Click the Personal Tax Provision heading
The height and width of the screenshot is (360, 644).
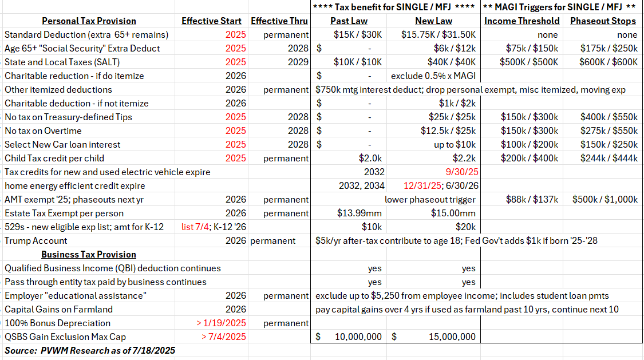tap(89, 21)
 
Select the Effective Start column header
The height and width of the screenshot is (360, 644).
tap(212, 21)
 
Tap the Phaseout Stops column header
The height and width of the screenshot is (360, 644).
tap(603, 21)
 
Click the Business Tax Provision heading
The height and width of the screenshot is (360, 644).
tap(89, 255)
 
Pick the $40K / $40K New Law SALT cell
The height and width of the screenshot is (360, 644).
tap(451, 62)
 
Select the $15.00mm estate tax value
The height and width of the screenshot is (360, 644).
tap(453, 213)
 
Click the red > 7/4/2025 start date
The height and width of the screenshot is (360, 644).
tap(224, 337)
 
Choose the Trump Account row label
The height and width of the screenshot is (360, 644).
tap(36, 241)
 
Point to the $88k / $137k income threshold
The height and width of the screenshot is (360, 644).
tap(529, 200)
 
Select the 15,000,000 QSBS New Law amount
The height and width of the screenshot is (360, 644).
tap(452, 337)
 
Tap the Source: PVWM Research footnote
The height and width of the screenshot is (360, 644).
tap(90, 350)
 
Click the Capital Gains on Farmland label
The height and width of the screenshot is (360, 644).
tap(59, 310)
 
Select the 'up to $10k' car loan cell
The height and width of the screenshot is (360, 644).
tap(455, 145)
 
